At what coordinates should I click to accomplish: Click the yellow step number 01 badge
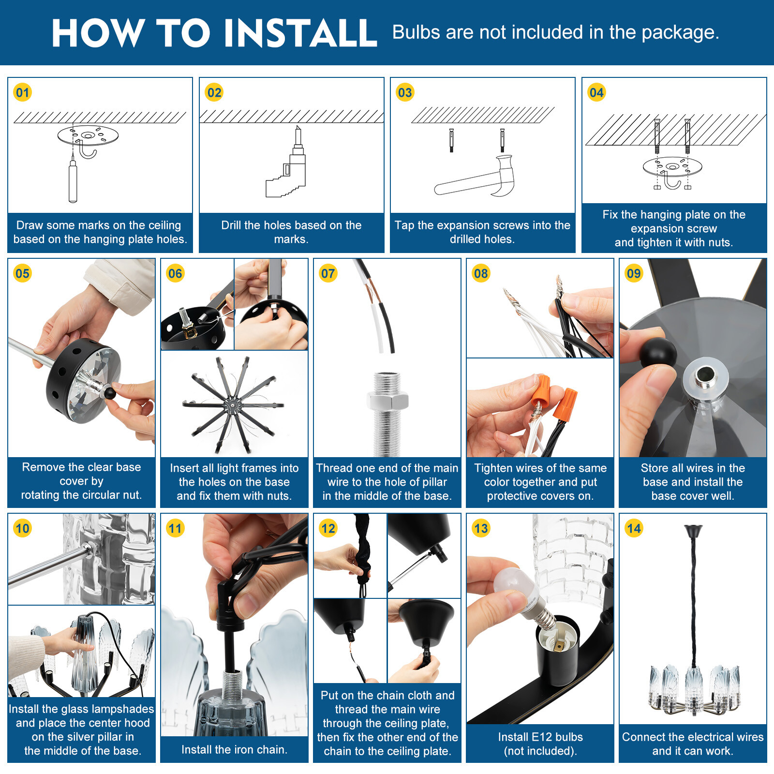pos(23,92)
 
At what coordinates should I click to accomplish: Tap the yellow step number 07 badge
pos(328,273)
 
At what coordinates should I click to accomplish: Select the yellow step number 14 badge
pos(634,528)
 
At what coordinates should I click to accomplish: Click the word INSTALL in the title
pos(300,33)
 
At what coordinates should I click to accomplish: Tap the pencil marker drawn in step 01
pos(73,179)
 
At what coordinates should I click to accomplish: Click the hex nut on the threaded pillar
pos(387,400)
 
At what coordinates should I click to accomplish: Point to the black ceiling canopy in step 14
pos(693,531)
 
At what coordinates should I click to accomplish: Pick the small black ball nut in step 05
pos(110,392)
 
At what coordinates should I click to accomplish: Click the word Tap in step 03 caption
pos(404,225)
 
